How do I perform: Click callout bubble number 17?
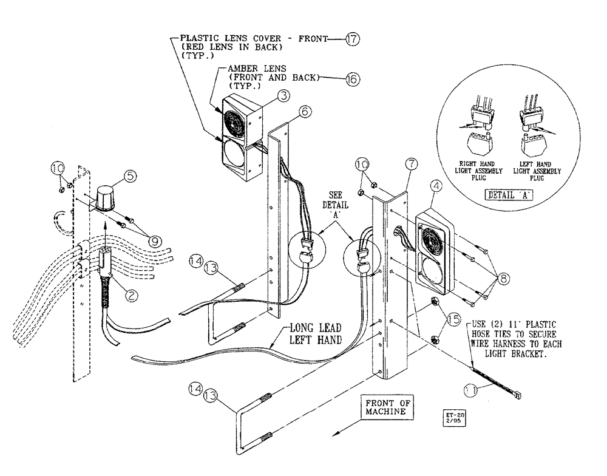[x=352, y=40]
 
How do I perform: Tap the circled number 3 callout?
[x=281, y=96]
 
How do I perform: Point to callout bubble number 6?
[x=306, y=111]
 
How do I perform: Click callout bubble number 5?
[x=131, y=177]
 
